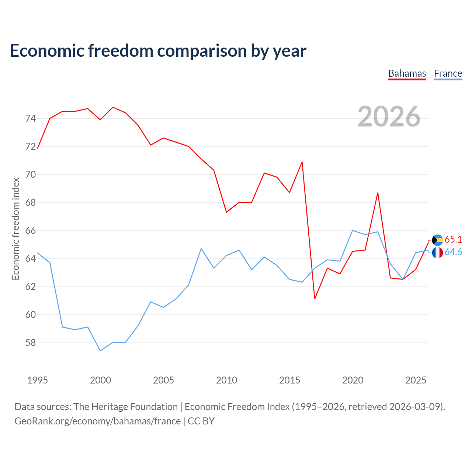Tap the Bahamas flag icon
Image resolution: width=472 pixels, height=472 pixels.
(x=437, y=240)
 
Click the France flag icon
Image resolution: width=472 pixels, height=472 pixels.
(x=437, y=253)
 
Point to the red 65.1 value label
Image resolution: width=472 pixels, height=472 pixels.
(x=453, y=240)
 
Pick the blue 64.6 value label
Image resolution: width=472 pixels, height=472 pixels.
(x=453, y=252)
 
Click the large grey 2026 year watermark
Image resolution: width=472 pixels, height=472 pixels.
(x=389, y=117)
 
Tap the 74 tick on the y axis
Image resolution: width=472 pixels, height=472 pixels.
(x=31, y=118)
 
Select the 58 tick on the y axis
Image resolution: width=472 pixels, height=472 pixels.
(x=31, y=343)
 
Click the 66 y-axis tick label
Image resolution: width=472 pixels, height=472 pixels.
(x=31, y=231)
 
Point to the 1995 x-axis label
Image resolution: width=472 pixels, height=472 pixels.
(x=38, y=381)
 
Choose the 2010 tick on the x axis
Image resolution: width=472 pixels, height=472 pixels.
(x=226, y=381)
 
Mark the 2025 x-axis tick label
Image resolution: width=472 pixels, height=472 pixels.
(x=416, y=381)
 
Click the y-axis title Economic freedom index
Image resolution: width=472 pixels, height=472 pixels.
(x=16, y=229)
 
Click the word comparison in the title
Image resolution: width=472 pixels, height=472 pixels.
(x=202, y=51)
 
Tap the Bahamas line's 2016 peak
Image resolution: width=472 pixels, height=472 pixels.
(x=302, y=162)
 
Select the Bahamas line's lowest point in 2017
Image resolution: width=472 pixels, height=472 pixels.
(x=315, y=299)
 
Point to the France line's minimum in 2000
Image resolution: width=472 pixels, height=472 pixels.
(x=100, y=351)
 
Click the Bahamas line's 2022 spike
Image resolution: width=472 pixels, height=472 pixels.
(x=378, y=193)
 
